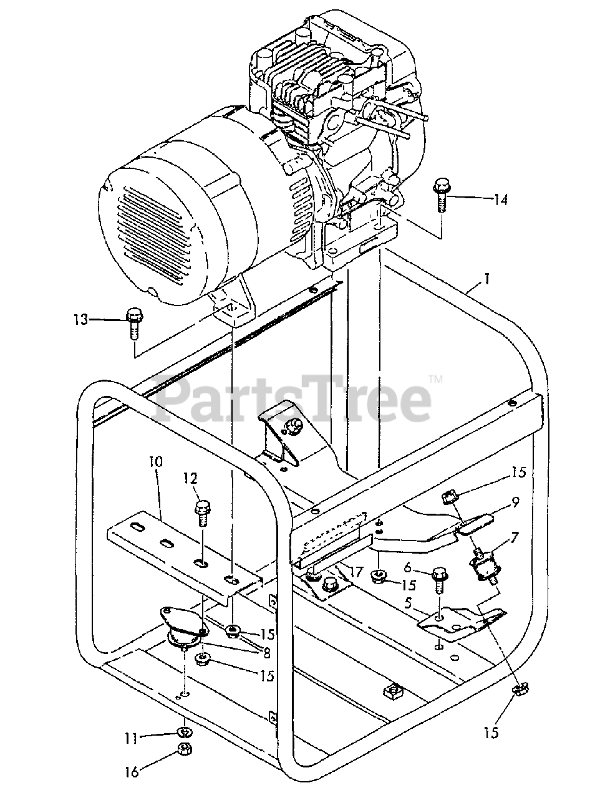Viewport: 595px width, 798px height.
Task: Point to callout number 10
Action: click(x=155, y=463)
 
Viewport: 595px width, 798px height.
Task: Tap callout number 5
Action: click(x=425, y=603)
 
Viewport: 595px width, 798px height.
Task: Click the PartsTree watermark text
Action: click(x=293, y=394)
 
